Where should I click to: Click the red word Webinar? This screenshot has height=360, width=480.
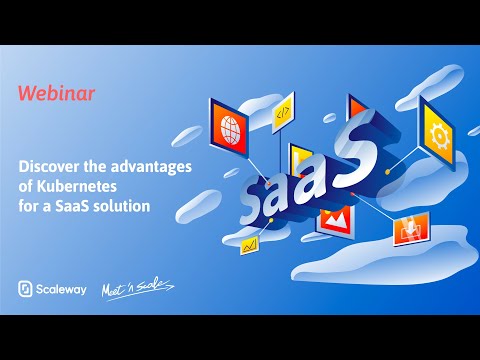(x=56, y=93)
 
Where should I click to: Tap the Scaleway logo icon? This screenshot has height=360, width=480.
(x=26, y=289)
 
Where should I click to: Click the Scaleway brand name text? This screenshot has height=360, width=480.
(x=63, y=289)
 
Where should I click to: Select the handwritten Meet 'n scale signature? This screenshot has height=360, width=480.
(x=140, y=288)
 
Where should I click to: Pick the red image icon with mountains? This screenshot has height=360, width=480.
(x=332, y=217)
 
